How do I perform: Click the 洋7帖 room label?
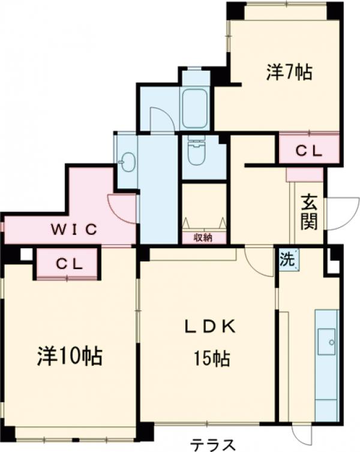coord(289,73)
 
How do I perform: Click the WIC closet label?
coord(73,229)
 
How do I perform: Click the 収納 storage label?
coord(203,238)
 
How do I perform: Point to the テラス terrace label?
coord(212,444)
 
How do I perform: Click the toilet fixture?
coord(196,152)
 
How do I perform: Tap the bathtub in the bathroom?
coord(194,109)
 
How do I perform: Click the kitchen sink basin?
coord(328,342)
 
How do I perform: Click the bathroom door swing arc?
coord(161,120)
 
